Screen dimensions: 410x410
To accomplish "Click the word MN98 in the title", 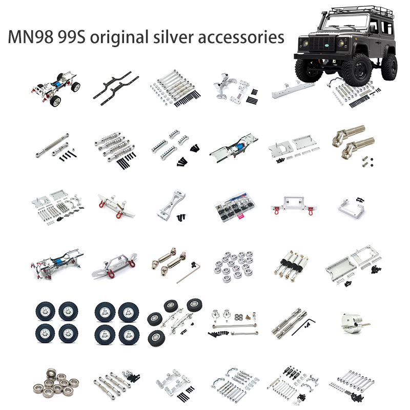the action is (x=31, y=37).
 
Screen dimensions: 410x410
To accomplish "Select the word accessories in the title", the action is (x=241, y=37).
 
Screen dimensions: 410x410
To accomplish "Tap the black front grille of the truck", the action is (x=322, y=44).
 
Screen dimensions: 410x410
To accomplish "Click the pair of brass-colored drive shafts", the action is (x=354, y=142).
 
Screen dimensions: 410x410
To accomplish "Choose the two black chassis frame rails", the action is (x=116, y=88).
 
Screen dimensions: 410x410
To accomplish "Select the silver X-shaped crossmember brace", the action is (x=172, y=204).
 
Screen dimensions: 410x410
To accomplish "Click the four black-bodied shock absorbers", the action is (x=291, y=265).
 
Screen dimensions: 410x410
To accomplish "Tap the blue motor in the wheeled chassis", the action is (x=57, y=84).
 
